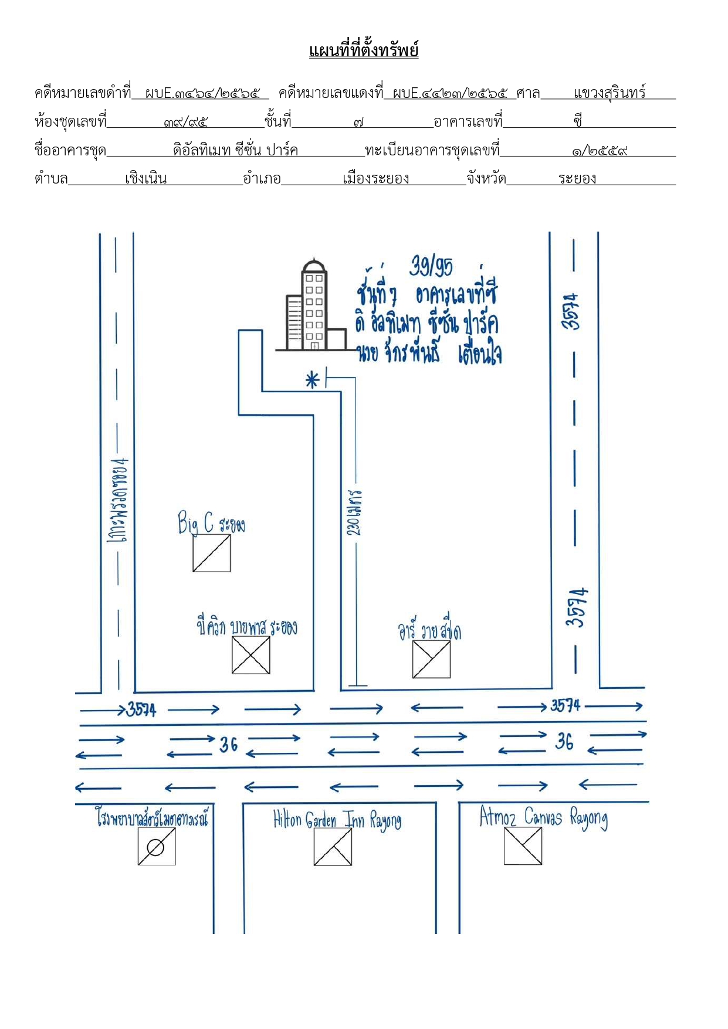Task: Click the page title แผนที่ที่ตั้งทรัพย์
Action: (364, 51)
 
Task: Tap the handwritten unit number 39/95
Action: (431, 267)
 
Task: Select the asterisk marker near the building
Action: (312, 381)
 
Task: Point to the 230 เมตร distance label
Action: (354, 513)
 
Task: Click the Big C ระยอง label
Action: (211, 524)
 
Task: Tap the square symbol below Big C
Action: (212, 553)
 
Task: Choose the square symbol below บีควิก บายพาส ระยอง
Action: (251, 655)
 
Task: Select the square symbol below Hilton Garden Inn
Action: (333, 847)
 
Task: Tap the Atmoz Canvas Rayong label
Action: (543, 818)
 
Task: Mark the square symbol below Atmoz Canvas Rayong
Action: (523, 846)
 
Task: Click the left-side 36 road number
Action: (229, 744)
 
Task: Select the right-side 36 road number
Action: (564, 741)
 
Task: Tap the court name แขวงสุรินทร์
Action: (610, 93)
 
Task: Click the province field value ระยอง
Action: (577, 178)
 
